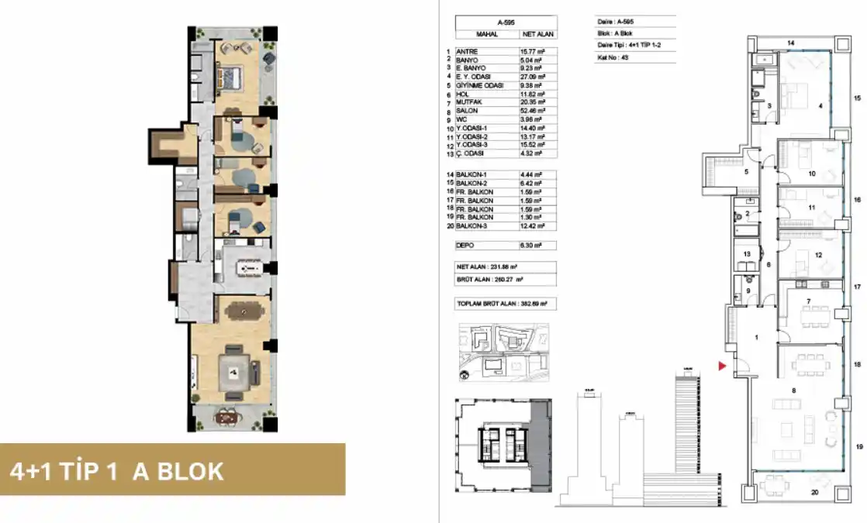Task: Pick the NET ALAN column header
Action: click(536, 35)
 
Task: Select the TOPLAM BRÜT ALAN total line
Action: click(506, 305)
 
